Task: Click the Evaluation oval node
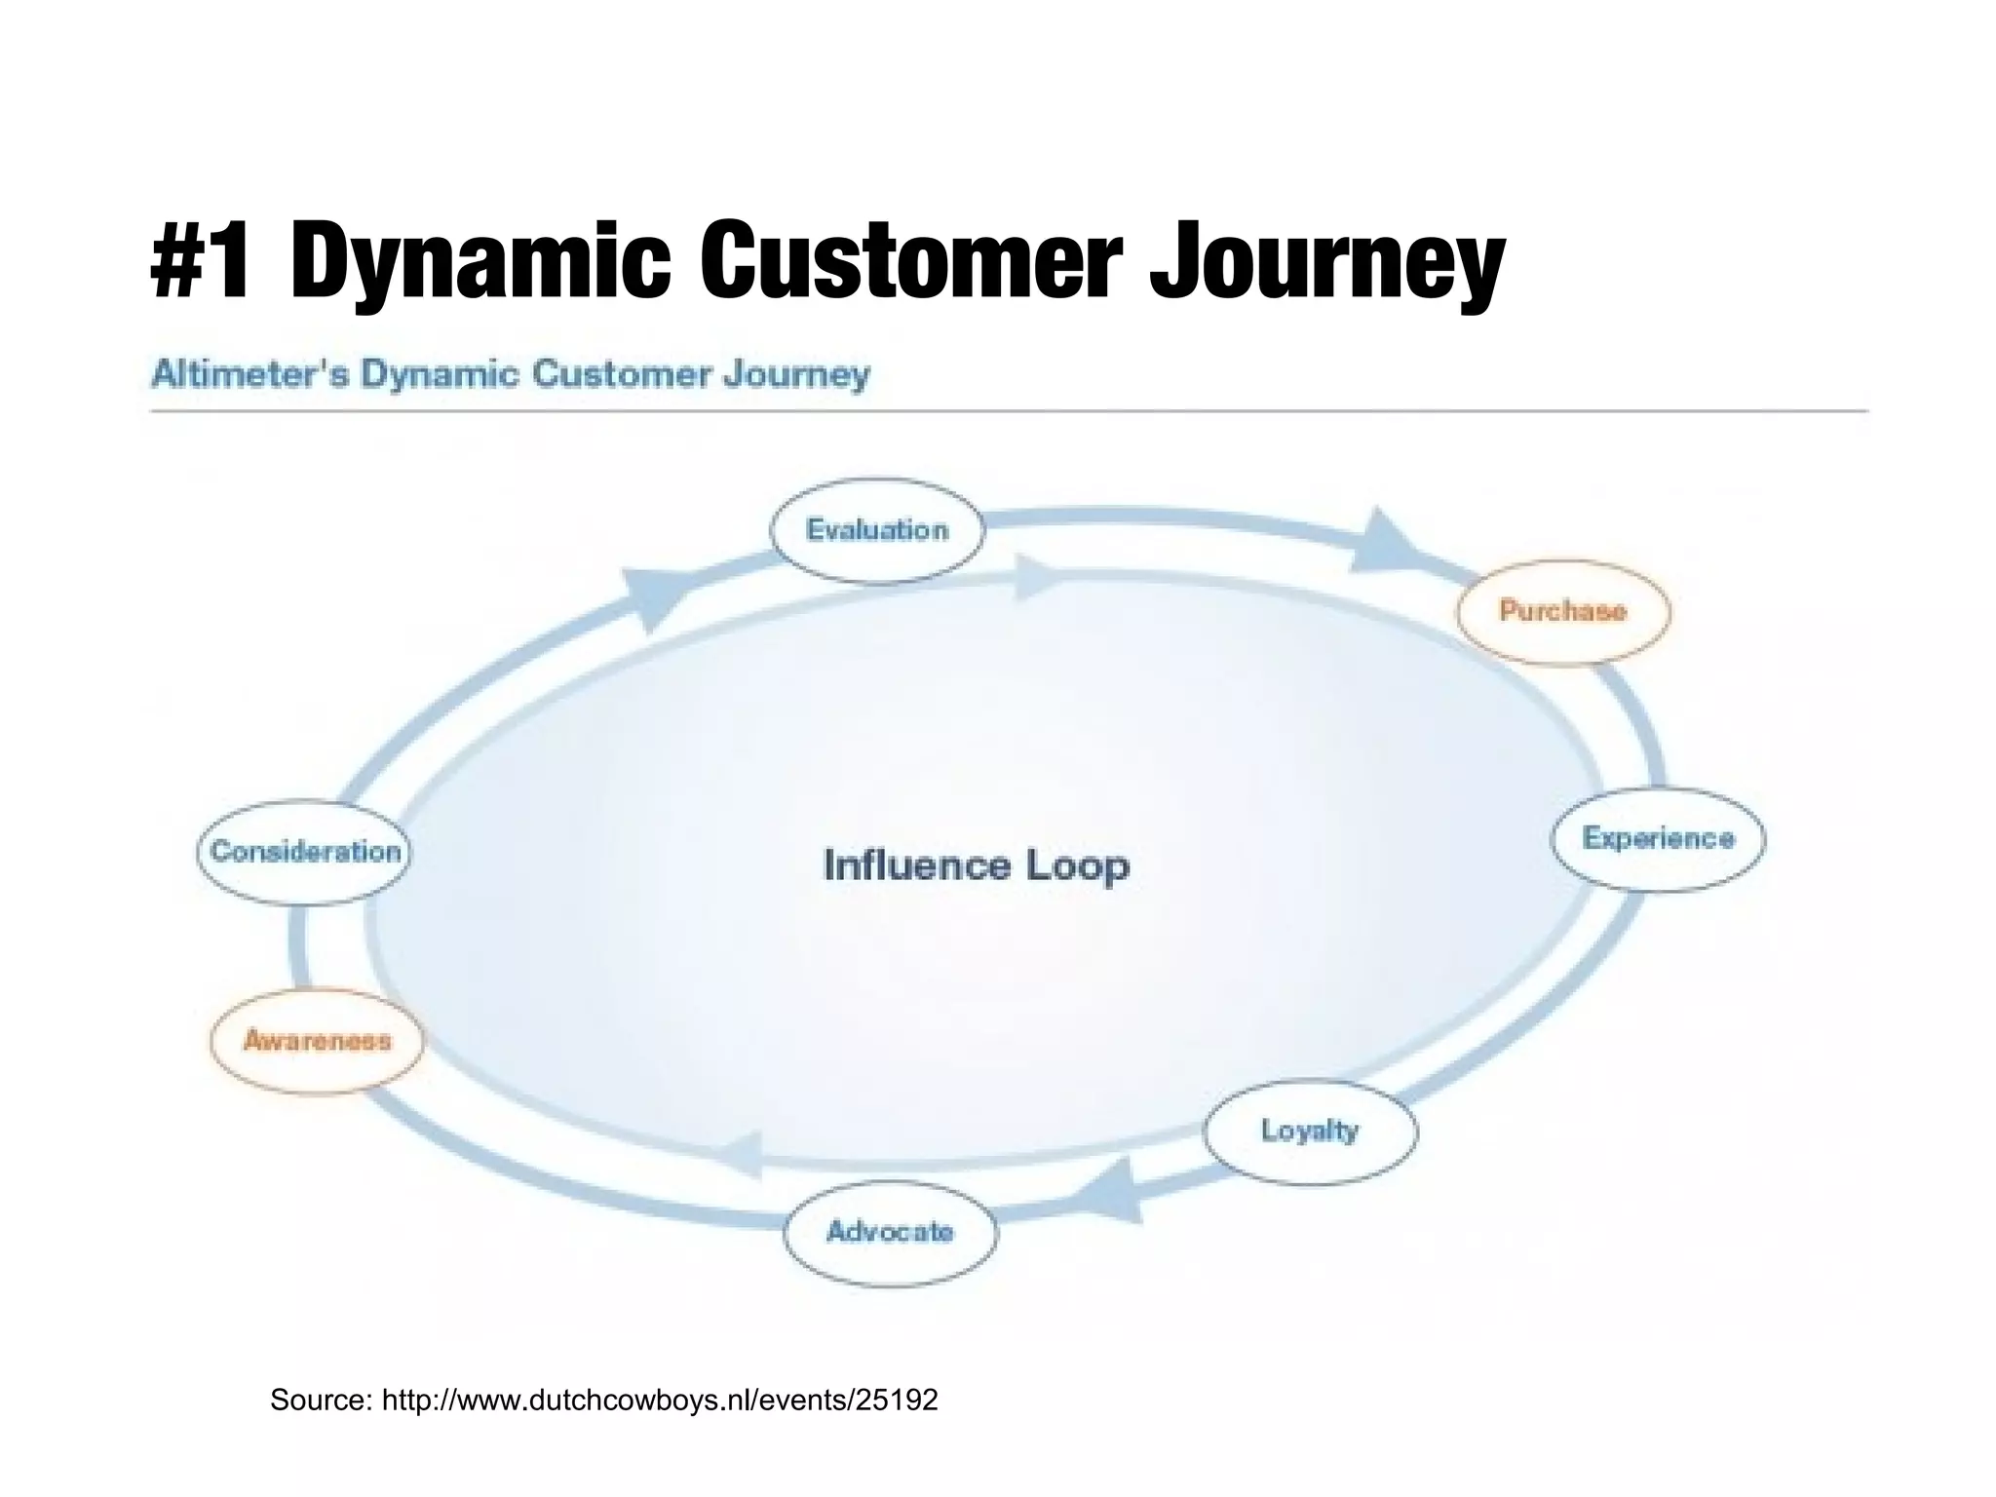pyautogui.click(x=877, y=531)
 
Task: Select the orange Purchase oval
pyautogui.click(x=1562, y=612)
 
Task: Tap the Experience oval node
pyautogui.click(x=1658, y=839)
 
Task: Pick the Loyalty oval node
pyautogui.click(x=1310, y=1132)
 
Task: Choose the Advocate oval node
pyautogui.click(x=890, y=1233)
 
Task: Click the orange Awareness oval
pyautogui.click(x=317, y=1042)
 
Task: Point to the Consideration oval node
pyautogui.click(x=305, y=853)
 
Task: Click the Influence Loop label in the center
pyautogui.click(x=976, y=866)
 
